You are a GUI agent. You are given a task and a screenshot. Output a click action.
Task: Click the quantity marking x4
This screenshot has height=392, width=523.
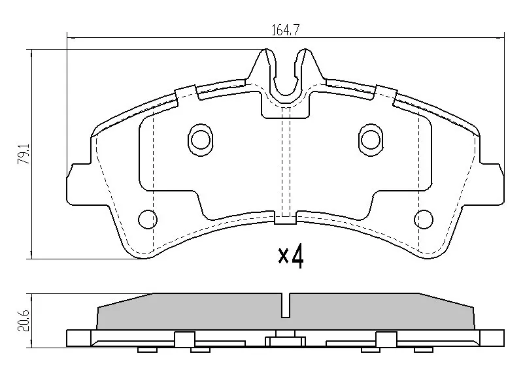(291, 257)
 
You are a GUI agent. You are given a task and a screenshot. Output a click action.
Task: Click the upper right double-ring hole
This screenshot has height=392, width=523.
(371, 139)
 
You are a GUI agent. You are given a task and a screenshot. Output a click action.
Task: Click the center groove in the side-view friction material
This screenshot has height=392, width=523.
(286, 306)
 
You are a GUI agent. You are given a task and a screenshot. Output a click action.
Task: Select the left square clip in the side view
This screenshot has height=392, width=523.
(185, 339)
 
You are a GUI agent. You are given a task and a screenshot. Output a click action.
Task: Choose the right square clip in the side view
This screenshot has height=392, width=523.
(386, 339)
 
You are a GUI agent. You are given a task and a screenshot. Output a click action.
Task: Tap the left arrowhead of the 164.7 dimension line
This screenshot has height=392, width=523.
(69, 36)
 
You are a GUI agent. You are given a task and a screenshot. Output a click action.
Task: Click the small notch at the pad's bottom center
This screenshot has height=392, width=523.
(286, 221)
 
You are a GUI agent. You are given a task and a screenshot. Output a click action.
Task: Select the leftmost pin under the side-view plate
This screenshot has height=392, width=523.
(148, 350)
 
